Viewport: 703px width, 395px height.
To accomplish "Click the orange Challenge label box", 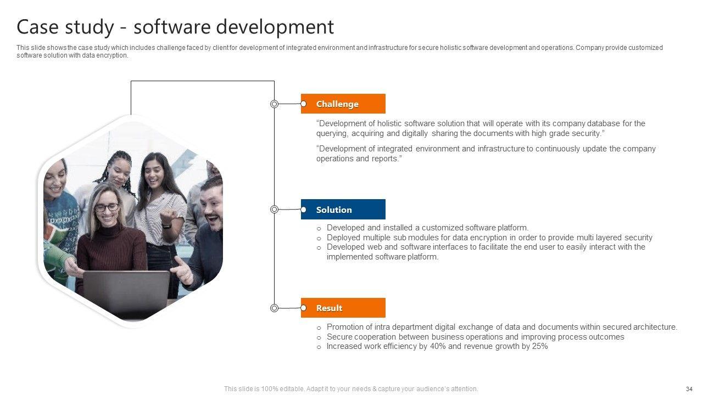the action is click(343, 104).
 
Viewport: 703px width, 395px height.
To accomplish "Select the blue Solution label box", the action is click(343, 209).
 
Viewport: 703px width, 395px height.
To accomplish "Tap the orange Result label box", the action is click(343, 308).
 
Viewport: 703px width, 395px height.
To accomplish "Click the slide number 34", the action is click(689, 389).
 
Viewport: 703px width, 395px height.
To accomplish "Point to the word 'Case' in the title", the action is click(37, 27).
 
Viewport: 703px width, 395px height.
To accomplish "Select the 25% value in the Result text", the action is click(540, 346).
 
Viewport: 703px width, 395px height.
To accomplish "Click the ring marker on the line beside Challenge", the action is click(274, 104).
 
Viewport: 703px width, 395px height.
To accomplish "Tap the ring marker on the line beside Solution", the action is click(274, 210).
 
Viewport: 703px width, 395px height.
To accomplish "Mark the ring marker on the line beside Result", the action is click(274, 308).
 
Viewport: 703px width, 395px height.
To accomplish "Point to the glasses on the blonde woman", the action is click(107, 207).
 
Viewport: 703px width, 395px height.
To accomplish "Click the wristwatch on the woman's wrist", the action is click(166, 225).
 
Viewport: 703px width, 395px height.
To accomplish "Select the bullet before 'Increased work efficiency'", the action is click(319, 347).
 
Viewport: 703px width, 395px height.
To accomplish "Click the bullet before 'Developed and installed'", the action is click(319, 229).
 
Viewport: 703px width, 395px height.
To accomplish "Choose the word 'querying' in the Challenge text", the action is click(332, 133).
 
